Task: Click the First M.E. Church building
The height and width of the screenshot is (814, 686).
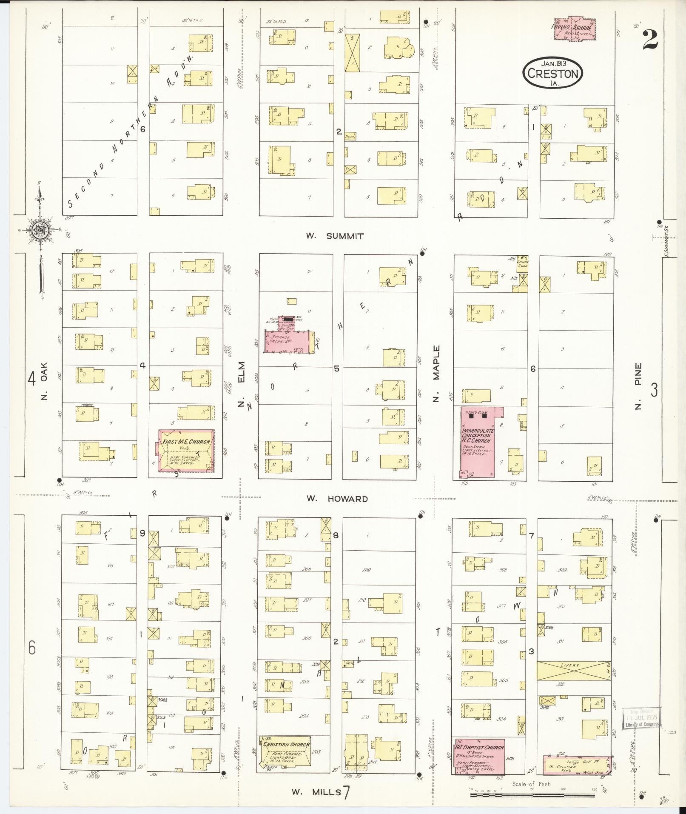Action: tap(186, 451)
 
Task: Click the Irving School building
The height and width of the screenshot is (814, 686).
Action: tap(575, 29)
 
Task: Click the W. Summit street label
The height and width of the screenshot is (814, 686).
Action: tap(335, 236)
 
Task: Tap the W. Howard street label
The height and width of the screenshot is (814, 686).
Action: tap(337, 499)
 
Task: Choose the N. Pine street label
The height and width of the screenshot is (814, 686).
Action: tap(638, 386)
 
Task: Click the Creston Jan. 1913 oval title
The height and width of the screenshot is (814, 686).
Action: tap(552, 73)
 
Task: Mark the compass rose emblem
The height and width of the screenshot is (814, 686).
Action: tap(41, 231)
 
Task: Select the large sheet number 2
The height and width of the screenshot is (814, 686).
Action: tap(650, 40)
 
